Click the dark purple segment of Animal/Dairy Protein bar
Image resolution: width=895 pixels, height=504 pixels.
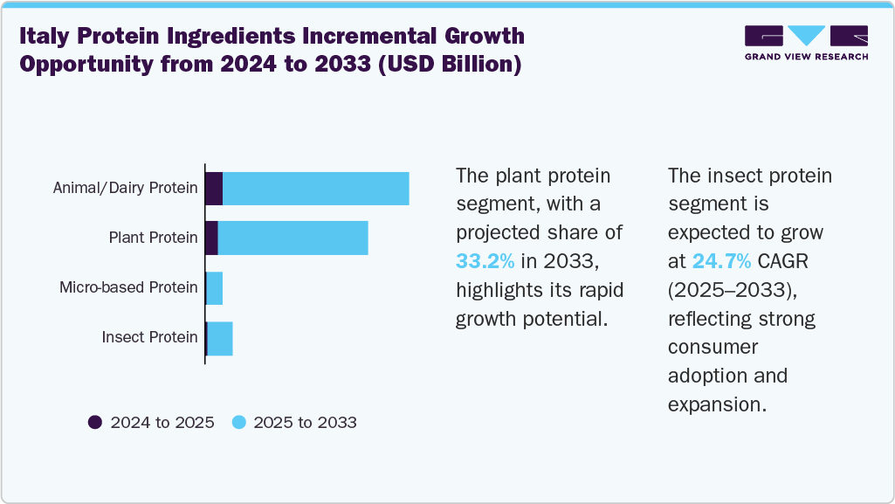tap(214, 189)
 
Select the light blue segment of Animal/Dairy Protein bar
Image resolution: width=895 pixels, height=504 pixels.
tap(316, 189)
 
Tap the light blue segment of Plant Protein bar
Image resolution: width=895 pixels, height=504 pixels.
tap(293, 238)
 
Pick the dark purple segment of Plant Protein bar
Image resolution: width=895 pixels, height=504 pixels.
tap(211, 238)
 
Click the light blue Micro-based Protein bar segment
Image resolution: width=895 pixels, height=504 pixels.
tap(215, 288)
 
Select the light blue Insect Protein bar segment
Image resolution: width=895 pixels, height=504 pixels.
tap(220, 338)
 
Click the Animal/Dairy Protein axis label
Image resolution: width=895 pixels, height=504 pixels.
tap(126, 188)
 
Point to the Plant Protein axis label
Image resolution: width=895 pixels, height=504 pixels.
tap(153, 238)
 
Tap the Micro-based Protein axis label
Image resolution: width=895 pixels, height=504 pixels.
tap(128, 287)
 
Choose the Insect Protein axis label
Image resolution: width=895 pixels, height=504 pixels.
tap(149, 337)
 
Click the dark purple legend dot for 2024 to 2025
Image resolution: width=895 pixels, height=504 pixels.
tap(95, 423)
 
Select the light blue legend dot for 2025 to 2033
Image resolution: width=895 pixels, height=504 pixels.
tap(238, 423)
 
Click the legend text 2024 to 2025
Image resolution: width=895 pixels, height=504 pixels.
tap(162, 423)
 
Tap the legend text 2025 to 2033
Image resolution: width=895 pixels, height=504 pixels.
tap(305, 423)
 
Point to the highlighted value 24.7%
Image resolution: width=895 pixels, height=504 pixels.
tap(721, 260)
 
